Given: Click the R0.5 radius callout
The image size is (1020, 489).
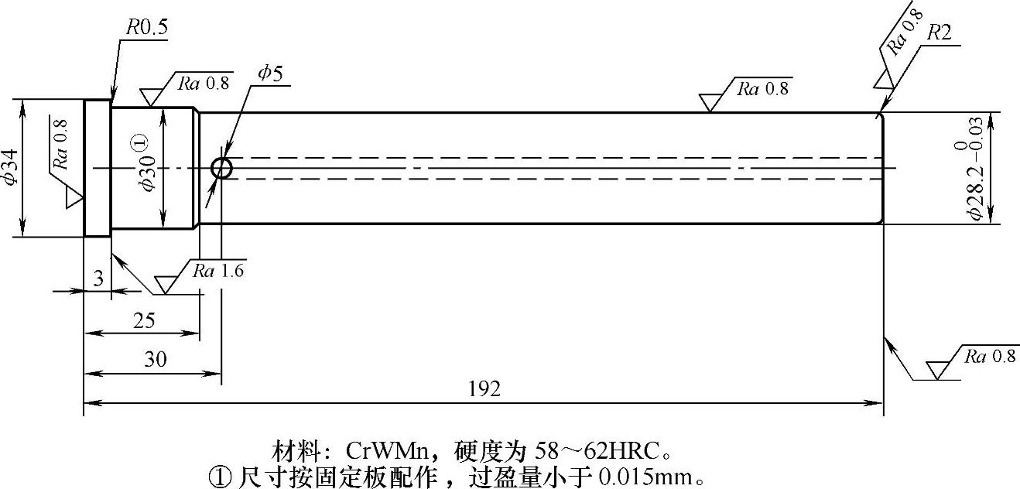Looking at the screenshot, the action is (x=146, y=29).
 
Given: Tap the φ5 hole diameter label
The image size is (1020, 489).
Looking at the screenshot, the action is (x=270, y=74).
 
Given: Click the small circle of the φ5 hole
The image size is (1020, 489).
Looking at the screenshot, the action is (x=222, y=168).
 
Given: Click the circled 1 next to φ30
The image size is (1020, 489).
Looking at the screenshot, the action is (x=139, y=142).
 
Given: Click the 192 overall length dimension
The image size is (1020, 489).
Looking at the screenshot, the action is (x=485, y=388).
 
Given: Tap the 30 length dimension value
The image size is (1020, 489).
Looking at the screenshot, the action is (x=156, y=360).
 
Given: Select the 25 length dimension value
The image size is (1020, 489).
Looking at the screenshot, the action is (x=144, y=320).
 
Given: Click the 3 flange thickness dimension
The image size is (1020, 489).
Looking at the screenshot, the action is (x=98, y=279).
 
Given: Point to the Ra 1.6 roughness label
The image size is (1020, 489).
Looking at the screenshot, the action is (x=219, y=271).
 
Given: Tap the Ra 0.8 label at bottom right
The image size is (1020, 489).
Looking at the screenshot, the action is (x=989, y=356).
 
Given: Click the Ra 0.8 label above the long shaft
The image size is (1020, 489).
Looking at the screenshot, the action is (x=762, y=88).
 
